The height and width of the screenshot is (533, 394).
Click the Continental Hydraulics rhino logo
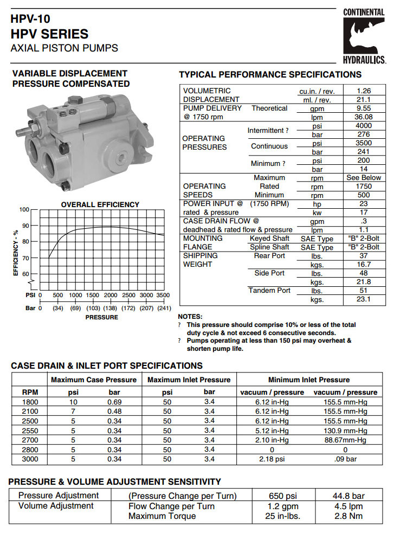coord(364,36)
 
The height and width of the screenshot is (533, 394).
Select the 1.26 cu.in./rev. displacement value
coord(363,91)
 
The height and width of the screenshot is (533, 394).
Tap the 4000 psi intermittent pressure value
coord(363,126)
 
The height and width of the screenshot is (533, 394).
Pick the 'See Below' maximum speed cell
coord(363,178)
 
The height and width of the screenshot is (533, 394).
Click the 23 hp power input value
coord(363,204)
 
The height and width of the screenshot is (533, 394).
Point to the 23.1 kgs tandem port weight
coord(363,299)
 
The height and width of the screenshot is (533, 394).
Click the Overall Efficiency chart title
coord(100,204)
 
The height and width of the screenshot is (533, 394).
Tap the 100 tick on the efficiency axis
coord(24,209)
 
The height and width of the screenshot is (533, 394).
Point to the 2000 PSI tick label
coord(111,296)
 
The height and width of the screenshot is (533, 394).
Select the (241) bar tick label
coord(164,308)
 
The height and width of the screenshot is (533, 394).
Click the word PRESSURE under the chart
coord(101,317)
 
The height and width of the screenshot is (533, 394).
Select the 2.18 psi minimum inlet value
coord(272,459)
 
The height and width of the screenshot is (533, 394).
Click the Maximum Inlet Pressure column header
coord(189,380)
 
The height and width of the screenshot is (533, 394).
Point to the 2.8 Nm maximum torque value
coord(347,516)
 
